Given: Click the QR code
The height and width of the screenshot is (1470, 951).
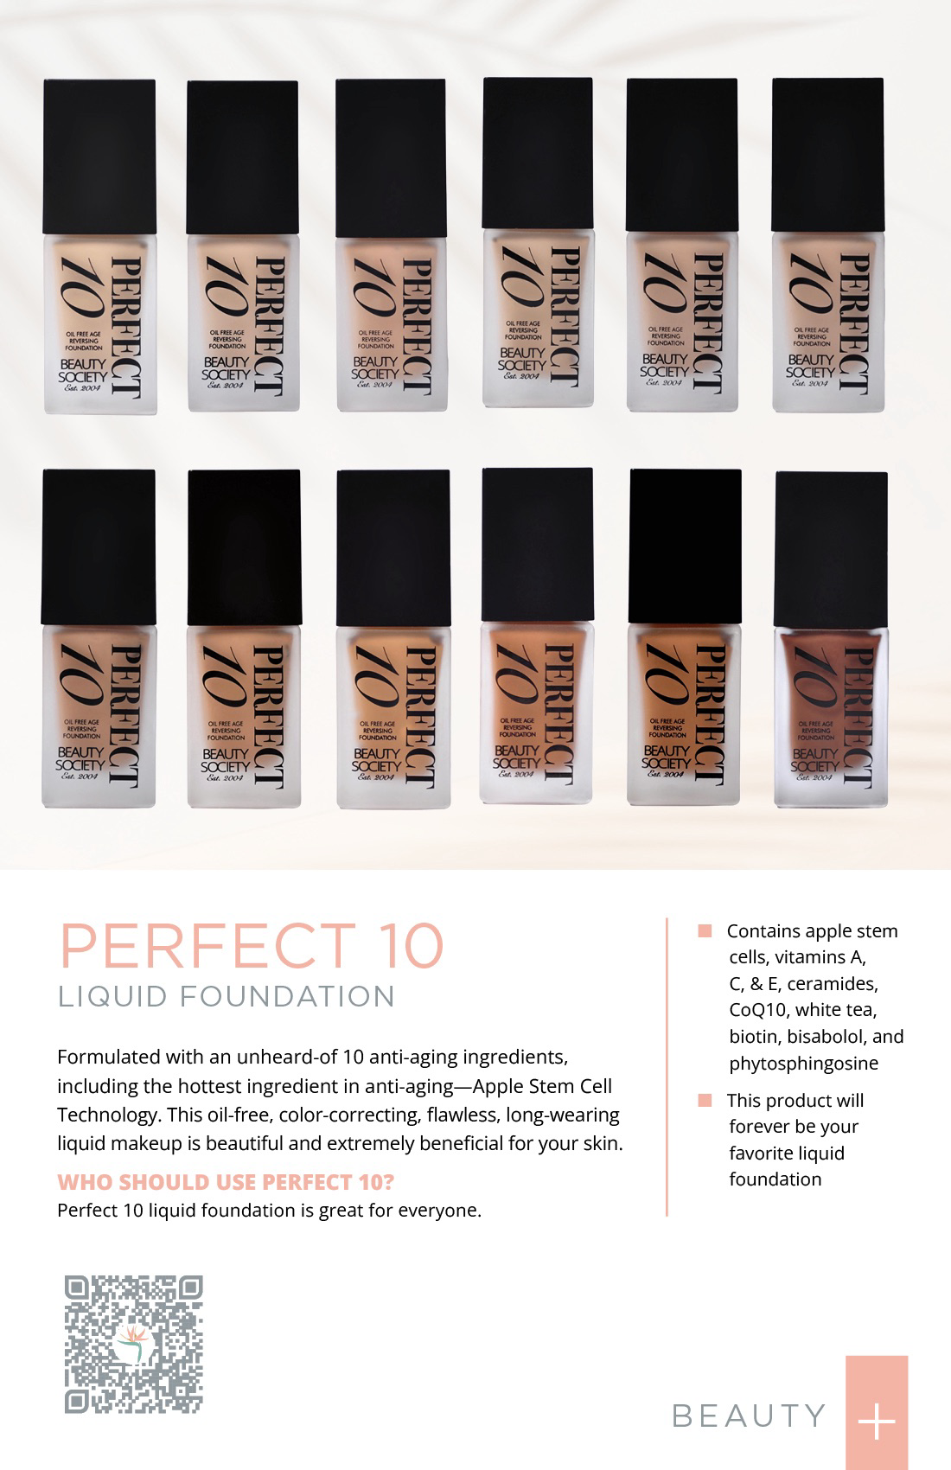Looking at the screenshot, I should pos(133,1344).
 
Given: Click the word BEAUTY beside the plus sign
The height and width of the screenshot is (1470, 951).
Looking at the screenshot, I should pos(749,1416).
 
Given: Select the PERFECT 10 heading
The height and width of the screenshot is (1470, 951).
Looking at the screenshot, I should pos(251,946).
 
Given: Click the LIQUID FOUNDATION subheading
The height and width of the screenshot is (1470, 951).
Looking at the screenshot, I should pos(227,996).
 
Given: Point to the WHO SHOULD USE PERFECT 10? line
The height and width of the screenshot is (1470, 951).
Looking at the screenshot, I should pos(226,1182).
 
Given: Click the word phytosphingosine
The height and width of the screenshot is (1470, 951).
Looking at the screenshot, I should pos(803,1064).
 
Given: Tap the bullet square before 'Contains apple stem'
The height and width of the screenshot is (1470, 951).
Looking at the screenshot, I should pos(705,931).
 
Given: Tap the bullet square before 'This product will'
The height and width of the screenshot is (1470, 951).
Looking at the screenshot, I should pos(705,1101).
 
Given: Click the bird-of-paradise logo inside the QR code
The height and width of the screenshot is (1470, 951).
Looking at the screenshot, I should pos(133,1341).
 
